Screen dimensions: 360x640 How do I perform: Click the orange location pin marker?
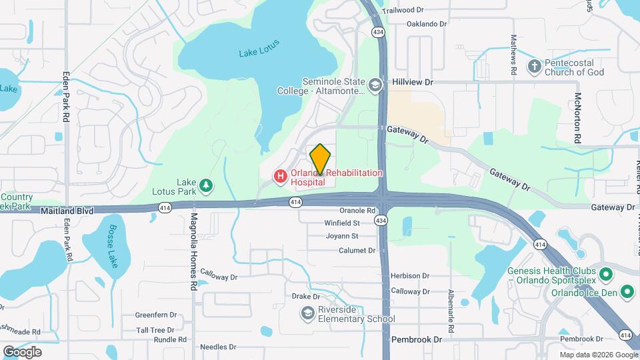(320, 159)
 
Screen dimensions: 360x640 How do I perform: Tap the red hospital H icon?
(281, 176)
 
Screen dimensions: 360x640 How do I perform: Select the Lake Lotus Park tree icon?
(207, 185)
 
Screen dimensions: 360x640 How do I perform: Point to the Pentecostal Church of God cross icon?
(534, 66)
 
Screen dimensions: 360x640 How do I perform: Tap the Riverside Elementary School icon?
(307, 313)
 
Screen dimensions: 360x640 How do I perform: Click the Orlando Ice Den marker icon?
(627, 291)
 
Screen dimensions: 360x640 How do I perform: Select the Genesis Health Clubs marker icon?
(606, 274)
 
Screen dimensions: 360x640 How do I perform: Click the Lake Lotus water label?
(259, 48)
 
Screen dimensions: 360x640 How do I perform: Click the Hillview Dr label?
(413, 81)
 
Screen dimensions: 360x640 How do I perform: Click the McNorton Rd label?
(577, 119)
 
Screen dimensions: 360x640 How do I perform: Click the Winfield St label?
(342, 223)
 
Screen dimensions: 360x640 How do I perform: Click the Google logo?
(22, 351)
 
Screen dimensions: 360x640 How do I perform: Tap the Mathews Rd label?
(514, 55)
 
